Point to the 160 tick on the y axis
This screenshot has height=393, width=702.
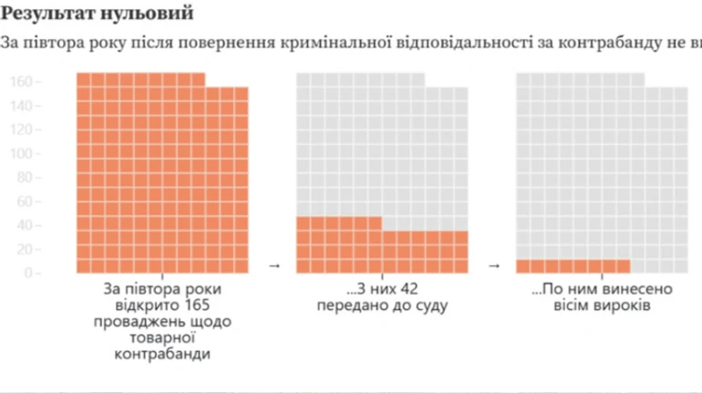26,82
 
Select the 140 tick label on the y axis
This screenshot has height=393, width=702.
26,106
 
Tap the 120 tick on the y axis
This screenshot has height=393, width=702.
26,129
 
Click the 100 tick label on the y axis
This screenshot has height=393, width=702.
26,153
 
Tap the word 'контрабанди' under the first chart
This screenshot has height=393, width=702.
162,355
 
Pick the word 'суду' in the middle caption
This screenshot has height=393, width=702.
428,305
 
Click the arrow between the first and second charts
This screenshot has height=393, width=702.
274,266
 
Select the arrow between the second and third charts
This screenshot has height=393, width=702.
494,266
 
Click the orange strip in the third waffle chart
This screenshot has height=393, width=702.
573,265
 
